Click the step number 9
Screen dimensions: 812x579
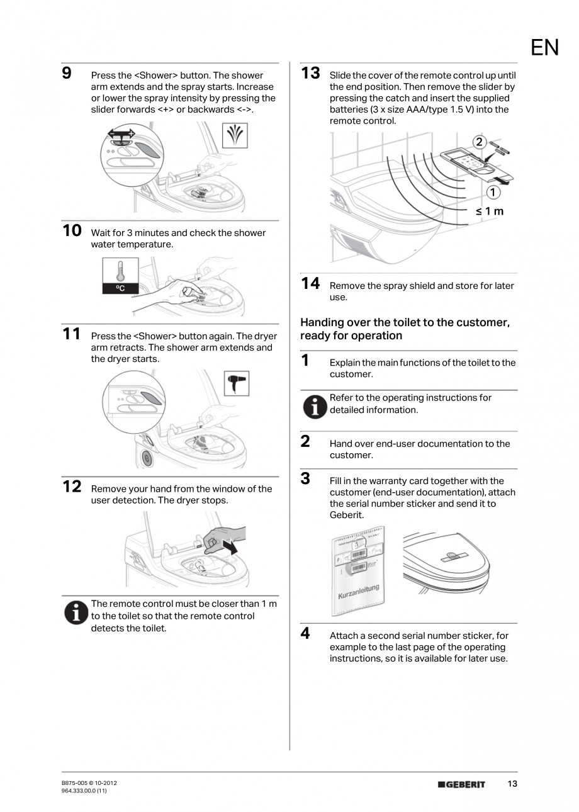click(x=66, y=73)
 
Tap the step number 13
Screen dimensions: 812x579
click(x=310, y=73)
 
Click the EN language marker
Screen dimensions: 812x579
click(x=544, y=48)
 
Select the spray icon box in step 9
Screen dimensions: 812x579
click(x=236, y=135)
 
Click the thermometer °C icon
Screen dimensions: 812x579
click(x=120, y=276)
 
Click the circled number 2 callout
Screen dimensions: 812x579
click(x=480, y=142)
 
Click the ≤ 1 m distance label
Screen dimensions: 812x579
click(x=490, y=211)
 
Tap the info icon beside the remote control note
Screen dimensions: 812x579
click(x=76, y=612)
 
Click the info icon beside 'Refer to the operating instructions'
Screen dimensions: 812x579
click(x=314, y=407)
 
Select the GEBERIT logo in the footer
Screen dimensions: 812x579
click(x=462, y=784)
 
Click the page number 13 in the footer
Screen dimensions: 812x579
click(x=512, y=784)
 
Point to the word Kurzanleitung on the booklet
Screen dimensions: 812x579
click(x=359, y=591)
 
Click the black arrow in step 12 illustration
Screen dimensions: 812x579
click(x=230, y=546)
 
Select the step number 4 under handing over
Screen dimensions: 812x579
click(x=305, y=633)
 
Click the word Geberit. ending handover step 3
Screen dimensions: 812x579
click(x=347, y=515)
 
